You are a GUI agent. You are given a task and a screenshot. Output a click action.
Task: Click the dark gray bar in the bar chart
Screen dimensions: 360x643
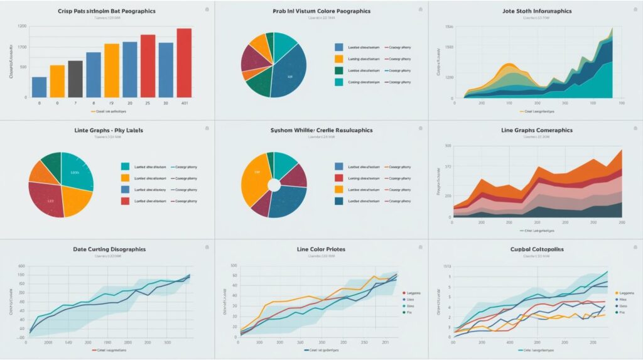tap(75, 79)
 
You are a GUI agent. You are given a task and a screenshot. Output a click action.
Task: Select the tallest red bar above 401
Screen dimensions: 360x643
tap(184, 63)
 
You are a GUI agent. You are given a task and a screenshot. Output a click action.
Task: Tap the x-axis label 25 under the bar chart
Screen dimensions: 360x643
tap(148, 102)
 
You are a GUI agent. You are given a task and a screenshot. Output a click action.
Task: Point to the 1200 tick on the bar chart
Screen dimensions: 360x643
tap(23, 26)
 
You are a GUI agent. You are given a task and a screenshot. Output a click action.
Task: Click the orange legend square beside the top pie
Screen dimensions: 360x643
tap(339, 58)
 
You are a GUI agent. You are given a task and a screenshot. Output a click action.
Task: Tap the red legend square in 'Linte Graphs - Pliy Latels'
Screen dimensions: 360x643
tap(125, 201)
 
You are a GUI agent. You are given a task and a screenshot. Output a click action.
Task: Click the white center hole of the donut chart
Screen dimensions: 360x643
tap(274, 185)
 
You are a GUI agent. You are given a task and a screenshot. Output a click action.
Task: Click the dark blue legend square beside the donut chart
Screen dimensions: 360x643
tap(339, 201)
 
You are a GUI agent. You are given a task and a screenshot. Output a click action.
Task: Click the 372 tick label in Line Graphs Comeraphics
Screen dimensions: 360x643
tap(448, 166)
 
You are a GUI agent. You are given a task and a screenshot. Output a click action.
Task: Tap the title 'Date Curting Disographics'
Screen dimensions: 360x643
tap(109, 249)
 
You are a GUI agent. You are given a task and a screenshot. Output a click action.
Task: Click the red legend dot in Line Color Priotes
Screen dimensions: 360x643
tap(404, 293)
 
